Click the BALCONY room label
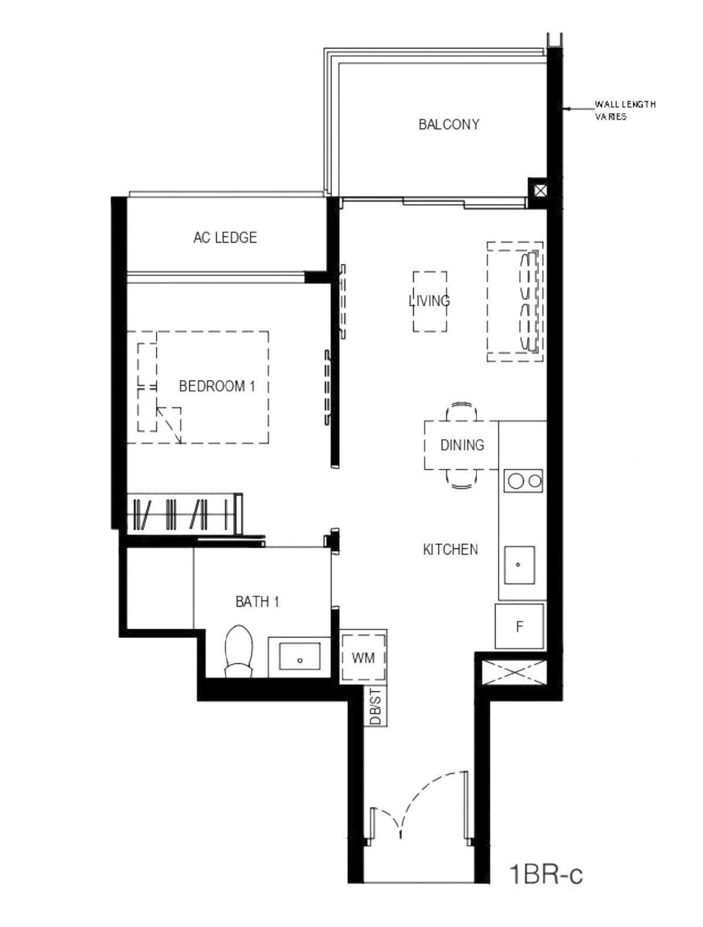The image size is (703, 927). (449, 124)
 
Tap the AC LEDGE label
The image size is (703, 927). (225, 237)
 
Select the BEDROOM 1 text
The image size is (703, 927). (217, 386)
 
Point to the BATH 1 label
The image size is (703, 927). (257, 602)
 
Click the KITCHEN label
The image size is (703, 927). (451, 549)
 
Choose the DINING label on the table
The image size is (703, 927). (462, 444)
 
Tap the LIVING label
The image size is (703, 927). (429, 301)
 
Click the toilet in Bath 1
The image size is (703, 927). (239, 651)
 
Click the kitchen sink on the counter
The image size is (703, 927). (520, 565)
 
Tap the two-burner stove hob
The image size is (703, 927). (523, 481)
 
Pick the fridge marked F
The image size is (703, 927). (520, 626)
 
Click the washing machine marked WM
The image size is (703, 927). (363, 657)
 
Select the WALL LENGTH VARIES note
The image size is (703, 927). (625, 110)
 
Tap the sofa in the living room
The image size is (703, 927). (515, 301)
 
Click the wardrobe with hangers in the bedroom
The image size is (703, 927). (185, 514)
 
